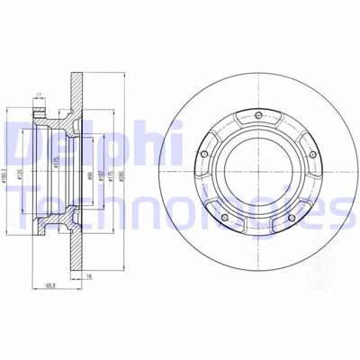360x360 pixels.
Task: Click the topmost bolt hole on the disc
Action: coord(258,115)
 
